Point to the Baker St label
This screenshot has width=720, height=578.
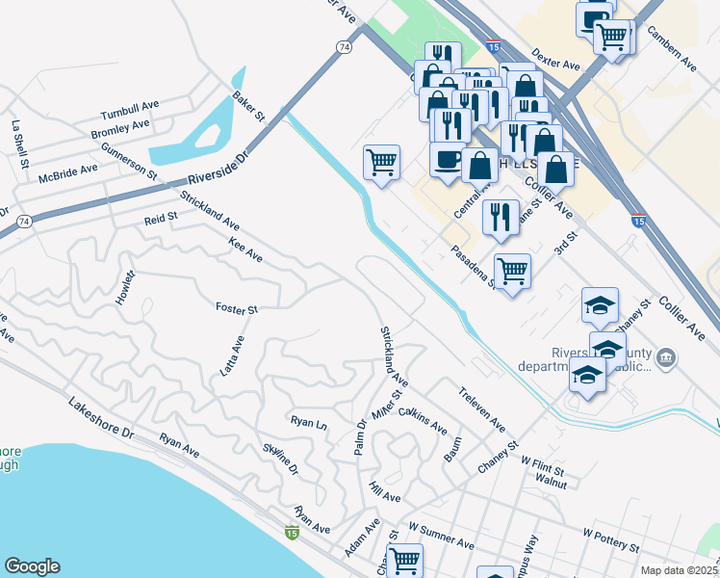(248, 107)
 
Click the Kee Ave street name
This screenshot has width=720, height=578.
(245, 250)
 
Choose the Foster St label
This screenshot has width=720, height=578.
(237, 309)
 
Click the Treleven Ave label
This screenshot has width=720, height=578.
(481, 409)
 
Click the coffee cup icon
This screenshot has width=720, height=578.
(447, 160)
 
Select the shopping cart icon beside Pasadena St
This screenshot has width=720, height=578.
(512, 271)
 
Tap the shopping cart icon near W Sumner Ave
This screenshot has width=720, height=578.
(404, 559)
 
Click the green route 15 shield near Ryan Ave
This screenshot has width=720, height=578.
(292, 531)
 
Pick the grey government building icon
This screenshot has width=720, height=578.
(665, 359)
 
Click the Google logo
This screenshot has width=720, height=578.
(32, 566)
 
